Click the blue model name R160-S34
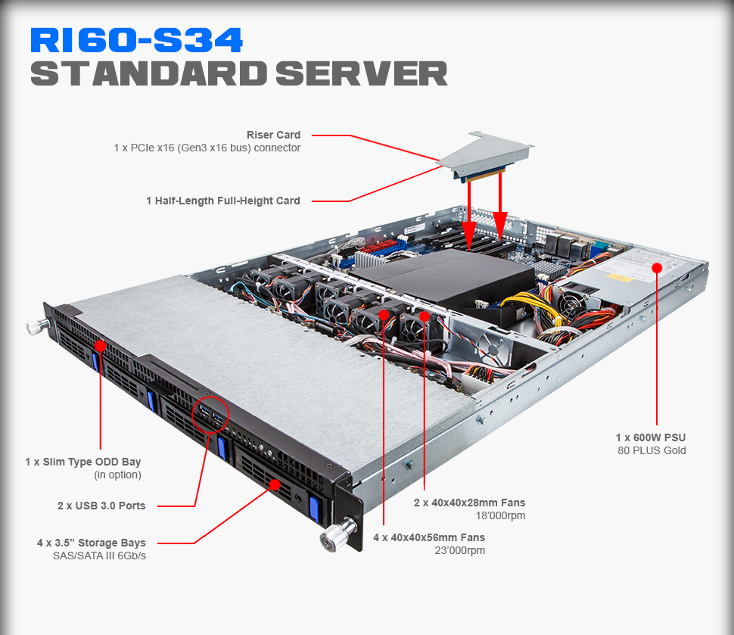coord(136,40)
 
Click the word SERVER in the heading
coord(361,74)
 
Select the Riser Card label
coord(273,135)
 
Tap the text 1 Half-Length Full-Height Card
coord(223,201)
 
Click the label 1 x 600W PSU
coord(651,437)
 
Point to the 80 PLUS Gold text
coord(652,451)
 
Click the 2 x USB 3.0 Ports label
coord(101,506)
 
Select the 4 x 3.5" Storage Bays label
coord(92,543)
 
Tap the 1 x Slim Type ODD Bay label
coord(83,462)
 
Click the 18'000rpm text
coord(502,516)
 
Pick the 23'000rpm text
coord(462,551)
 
